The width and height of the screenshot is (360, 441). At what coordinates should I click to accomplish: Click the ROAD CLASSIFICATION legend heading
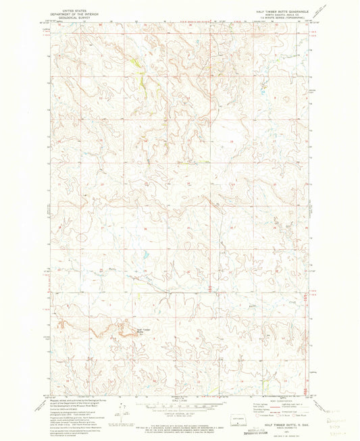coord(278,400)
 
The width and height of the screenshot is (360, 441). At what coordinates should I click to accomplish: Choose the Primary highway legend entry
coord(264,405)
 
